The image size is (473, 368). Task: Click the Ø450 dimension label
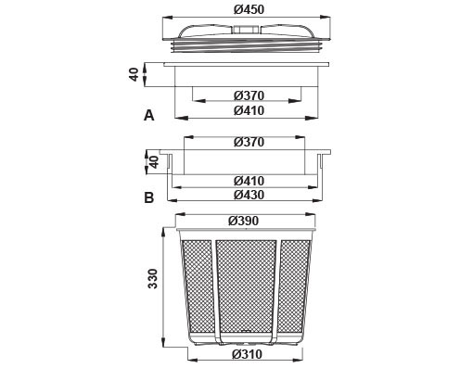tap(249, 9)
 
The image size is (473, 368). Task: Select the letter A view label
tap(149, 116)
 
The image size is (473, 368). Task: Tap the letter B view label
tap(149, 197)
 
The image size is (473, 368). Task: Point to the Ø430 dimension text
tap(249, 195)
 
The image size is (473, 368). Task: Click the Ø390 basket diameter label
tap(243, 221)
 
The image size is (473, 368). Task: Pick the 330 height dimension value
tap(152, 279)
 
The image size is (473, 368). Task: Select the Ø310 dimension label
tap(247, 354)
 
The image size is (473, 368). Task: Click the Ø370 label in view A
tap(249, 95)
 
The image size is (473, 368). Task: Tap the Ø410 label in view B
tap(249, 181)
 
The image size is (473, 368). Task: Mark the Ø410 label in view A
tap(249, 110)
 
